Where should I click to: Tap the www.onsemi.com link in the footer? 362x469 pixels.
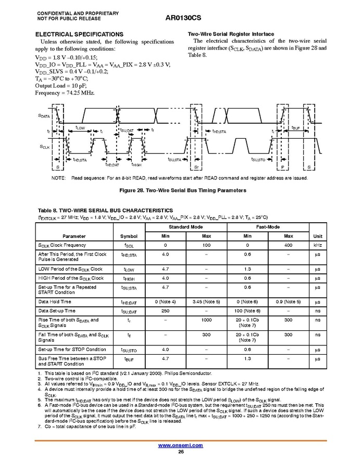tap(180, 445)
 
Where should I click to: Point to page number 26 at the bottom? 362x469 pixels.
tap(180, 452)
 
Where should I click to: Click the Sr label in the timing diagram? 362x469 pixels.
tap(196, 167)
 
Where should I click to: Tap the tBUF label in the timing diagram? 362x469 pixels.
tap(296, 128)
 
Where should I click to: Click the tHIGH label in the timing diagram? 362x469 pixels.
tap(136, 165)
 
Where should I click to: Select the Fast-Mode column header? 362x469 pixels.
tap(268, 227)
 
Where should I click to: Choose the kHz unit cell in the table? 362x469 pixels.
tap(318, 245)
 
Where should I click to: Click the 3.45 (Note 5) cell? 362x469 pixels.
tap(206, 302)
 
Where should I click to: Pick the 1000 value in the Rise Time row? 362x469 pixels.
tap(206, 320)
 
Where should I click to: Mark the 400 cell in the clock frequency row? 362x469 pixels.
tap(288, 245)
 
